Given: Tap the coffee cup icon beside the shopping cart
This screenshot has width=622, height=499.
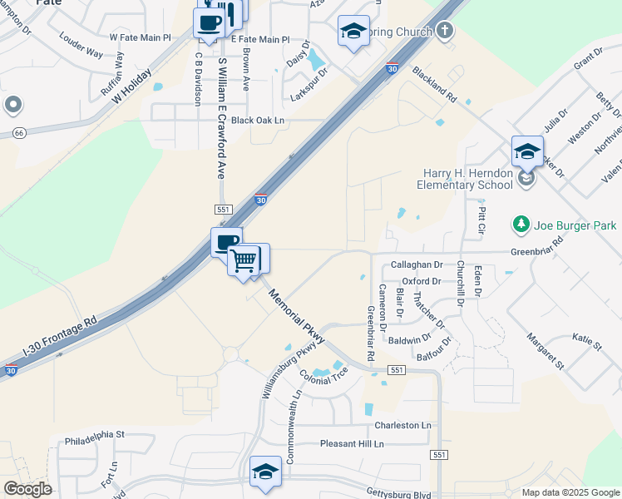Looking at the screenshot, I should point(226,244).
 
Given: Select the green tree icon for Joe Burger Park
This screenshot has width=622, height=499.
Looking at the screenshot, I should point(521,224).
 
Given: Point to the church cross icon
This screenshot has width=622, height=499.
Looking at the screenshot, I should point(445,32).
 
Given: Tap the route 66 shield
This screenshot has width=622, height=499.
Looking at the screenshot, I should point(19,133).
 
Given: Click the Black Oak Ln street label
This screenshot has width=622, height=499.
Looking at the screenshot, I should point(258,121).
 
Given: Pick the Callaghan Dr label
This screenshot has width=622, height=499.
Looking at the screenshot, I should point(417,264).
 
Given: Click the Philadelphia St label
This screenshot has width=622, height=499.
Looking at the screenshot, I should point(94,434).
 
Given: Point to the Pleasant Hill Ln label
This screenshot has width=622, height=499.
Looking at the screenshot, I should point(352,444).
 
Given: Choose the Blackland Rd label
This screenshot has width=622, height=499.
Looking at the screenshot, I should point(434,85).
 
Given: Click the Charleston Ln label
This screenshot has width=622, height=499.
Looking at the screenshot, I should point(403,425).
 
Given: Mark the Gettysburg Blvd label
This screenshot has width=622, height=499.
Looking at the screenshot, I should point(398,494).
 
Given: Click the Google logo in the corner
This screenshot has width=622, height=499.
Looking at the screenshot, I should point(27,489).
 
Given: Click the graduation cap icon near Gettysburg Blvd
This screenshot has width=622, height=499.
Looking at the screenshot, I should point(265,472).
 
